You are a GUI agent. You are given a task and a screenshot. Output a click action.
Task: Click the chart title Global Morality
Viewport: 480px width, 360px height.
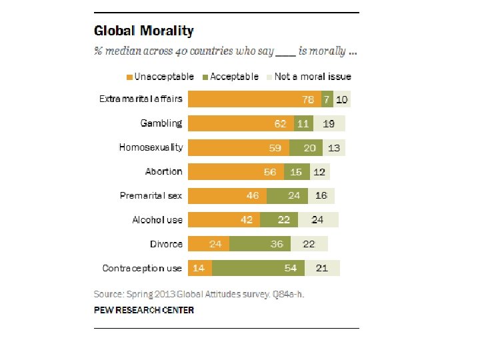[x=144, y=31]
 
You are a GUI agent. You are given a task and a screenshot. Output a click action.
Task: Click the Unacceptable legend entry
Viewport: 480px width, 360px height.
[x=160, y=77]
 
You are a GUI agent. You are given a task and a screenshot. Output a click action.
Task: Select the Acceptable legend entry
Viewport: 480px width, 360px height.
[x=231, y=77]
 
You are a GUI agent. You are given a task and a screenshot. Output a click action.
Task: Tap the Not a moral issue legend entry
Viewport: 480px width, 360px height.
[x=308, y=77]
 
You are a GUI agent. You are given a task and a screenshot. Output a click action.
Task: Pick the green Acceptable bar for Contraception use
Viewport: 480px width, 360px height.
[x=259, y=268]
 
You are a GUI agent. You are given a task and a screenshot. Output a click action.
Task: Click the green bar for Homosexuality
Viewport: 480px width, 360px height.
[x=306, y=147]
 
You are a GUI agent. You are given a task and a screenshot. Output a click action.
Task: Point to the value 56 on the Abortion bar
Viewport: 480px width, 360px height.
[x=270, y=172]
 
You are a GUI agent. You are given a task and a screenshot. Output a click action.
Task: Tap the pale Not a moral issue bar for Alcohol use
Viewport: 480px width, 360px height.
[x=318, y=220]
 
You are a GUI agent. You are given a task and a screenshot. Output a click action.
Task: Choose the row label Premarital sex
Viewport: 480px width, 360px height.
[x=151, y=196]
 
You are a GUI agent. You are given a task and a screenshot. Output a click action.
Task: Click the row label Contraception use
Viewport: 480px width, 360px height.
[x=142, y=268]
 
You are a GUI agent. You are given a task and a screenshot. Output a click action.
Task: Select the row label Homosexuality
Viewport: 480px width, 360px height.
[x=151, y=147]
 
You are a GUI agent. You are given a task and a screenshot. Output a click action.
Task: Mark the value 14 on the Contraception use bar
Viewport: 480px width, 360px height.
[x=198, y=268]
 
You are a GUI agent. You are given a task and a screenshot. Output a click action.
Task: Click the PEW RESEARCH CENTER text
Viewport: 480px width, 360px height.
[x=144, y=310]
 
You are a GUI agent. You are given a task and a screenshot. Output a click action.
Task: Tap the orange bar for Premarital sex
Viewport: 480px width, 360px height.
[x=227, y=196]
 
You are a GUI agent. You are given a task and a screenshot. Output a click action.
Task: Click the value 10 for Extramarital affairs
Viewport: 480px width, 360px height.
[x=341, y=99]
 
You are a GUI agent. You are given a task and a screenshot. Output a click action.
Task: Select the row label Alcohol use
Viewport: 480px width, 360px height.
[x=157, y=220]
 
